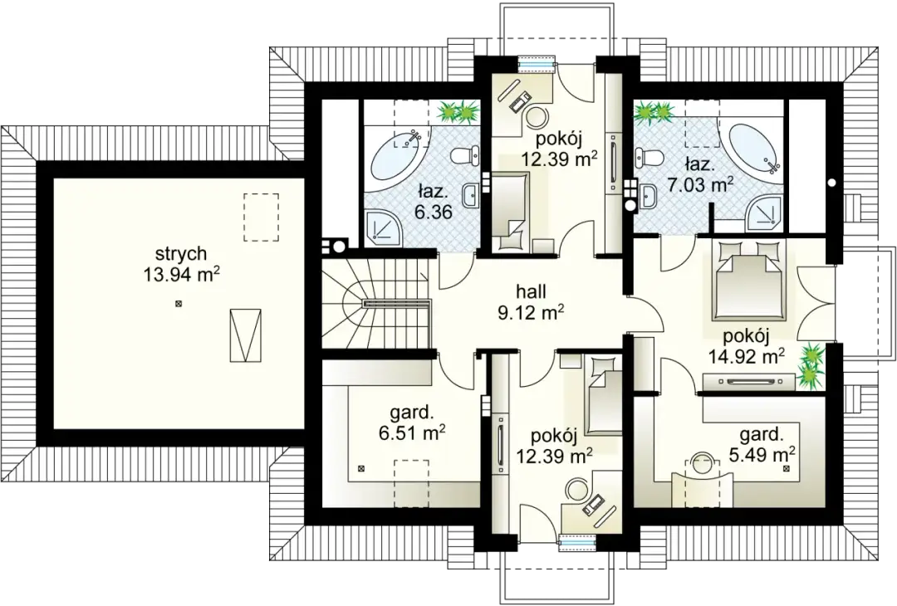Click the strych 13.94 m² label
pos(182,263)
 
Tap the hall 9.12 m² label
pos(531,301)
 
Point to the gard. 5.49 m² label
pos(762,444)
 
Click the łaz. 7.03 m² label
pos(700,174)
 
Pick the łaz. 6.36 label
pos(434,201)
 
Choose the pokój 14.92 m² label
pos(746,346)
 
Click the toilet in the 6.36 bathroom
pos(464,155)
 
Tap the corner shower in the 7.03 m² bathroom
pos(764,215)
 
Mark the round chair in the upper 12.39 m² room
pos(537,117)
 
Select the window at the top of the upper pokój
pos(537,64)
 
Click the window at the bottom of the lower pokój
pos(578,543)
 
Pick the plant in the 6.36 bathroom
pos(458,111)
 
